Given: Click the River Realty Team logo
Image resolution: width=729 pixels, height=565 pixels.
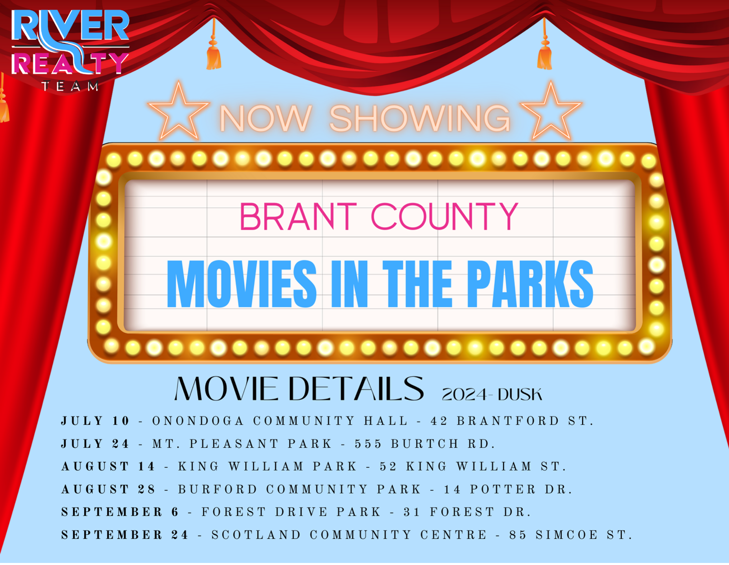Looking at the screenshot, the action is tap(70, 50).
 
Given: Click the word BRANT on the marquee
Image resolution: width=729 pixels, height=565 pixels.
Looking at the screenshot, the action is tap(298, 217).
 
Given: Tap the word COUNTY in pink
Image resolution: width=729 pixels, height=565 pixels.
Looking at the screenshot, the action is tap(445, 217).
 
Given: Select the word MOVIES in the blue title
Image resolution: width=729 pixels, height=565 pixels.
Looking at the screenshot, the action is tap(242, 284).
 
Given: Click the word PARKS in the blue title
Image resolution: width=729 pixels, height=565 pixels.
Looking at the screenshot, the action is tap(530, 284).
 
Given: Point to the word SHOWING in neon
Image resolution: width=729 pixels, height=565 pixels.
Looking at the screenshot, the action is tap(420, 118).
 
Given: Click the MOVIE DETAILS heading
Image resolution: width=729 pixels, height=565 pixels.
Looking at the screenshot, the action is tap(299, 389).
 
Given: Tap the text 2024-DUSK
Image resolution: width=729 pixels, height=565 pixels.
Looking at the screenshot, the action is tap(492, 395).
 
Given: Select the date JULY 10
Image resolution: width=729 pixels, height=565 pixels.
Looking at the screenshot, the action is tap(95, 421).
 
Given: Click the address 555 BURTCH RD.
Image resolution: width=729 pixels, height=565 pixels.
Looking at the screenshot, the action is tap(425, 444).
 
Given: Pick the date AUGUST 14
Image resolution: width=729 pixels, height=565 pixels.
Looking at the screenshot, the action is tap(108, 467).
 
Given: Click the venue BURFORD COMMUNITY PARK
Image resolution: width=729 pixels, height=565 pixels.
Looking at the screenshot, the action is tap(299, 489).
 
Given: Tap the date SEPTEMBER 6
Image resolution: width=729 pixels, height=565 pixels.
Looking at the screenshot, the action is tap(120, 512).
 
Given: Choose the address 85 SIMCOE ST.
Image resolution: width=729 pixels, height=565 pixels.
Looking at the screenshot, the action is tap(570, 535).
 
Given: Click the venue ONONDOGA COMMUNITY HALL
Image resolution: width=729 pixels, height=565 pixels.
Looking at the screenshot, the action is tap(280, 421).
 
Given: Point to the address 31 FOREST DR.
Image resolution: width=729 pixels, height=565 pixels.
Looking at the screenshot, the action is tap(467, 512).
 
